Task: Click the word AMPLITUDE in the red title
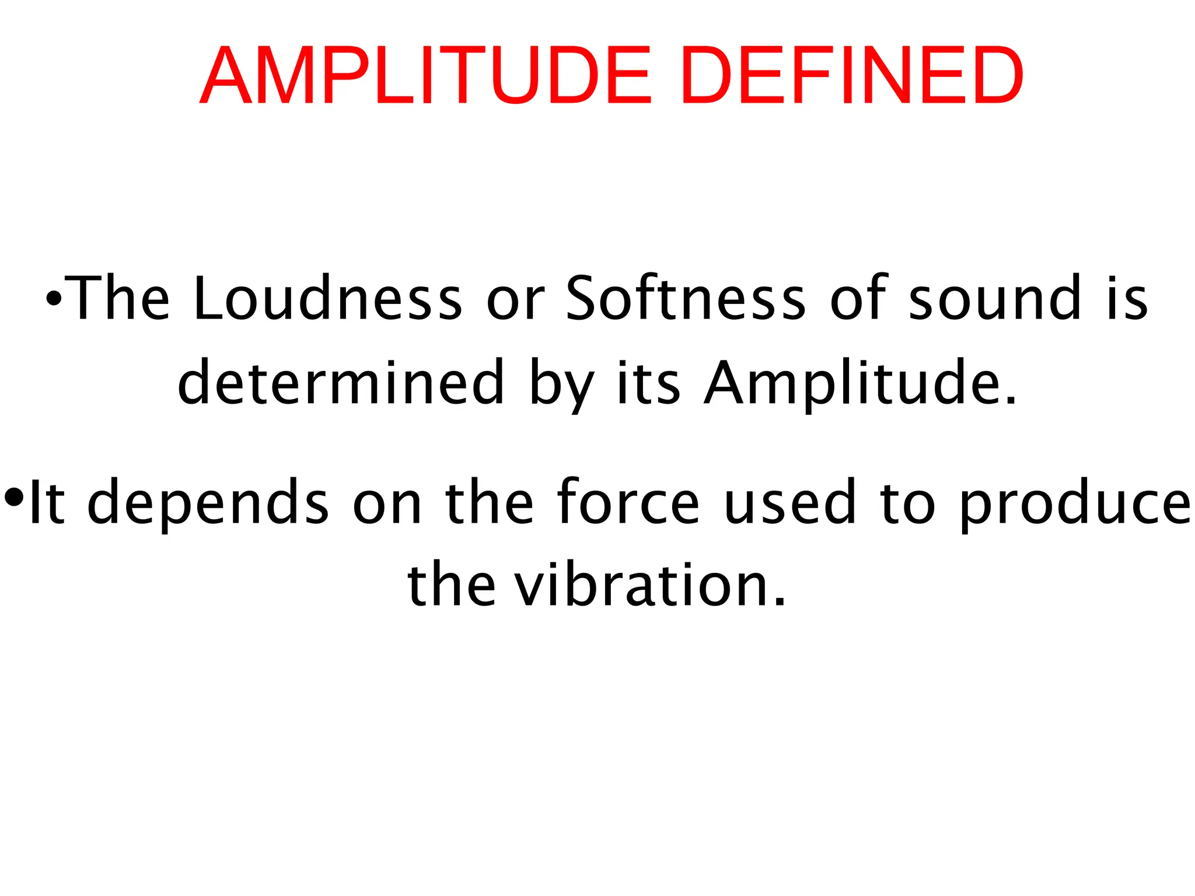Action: pos(425,77)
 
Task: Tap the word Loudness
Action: pos(327,298)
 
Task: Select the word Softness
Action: pos(686,298)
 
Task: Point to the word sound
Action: pos(995,298)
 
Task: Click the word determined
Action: pos(341,383)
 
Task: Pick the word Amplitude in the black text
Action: pos(861,383)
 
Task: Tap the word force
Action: pos(628,502)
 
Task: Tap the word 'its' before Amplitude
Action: pos(648,383)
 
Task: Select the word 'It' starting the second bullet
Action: pos(46,502)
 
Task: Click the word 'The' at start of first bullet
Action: pos(120,298)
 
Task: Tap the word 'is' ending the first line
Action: pos(1128,298)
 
